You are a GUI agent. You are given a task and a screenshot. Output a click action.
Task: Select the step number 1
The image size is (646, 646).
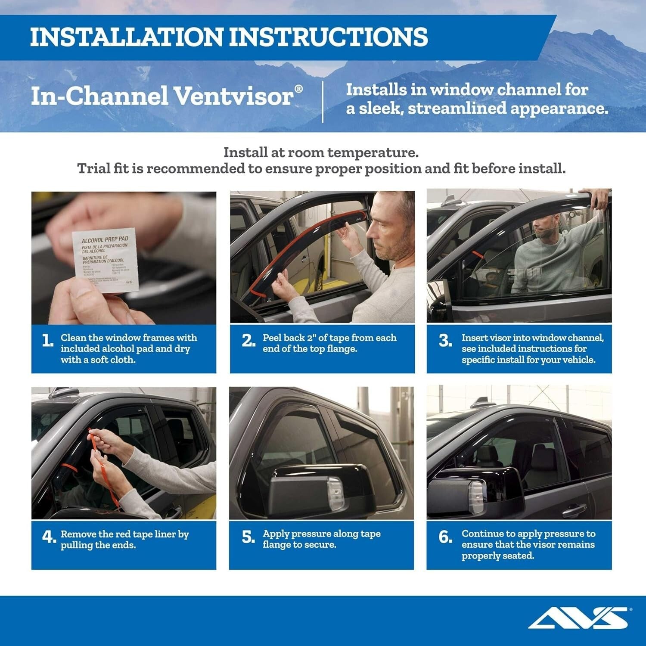click(x=48, y=341)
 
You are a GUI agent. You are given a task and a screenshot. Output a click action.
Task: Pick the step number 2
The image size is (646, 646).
click(x=248, y=341)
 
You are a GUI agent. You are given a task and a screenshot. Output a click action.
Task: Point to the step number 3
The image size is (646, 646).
click(x=445, y=341)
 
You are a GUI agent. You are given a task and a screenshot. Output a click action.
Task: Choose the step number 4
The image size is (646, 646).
click(x=49, y=537)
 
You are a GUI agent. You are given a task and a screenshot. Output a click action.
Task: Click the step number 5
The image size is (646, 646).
click(x=248, y=537)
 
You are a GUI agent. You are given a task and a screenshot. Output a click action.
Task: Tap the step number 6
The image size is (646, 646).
click(x=445, y=537)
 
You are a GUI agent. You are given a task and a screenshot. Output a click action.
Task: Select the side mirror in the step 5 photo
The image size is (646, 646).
click(x=308, y=491)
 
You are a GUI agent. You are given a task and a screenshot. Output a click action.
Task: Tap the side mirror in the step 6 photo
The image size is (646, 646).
click(x=459, y=491)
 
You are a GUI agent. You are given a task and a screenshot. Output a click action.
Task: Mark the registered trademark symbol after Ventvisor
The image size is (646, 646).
click(x=298, y=89)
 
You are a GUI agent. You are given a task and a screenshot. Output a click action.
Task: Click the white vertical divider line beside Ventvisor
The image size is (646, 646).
click(x=323, y=101)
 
